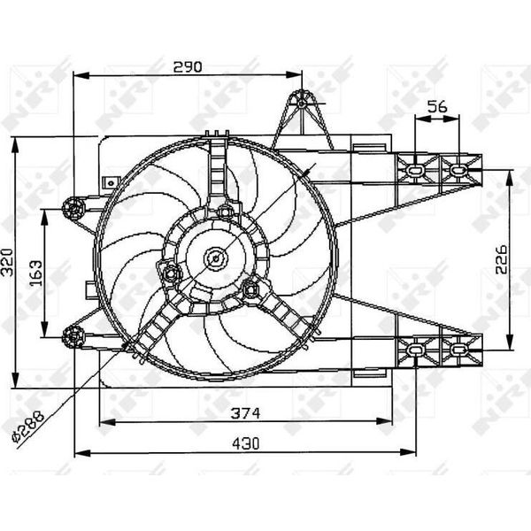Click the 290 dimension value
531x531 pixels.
pos(188,67)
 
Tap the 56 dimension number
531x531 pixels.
pos(437,107)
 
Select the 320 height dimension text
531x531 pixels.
pos(7,262)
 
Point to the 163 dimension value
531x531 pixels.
pos(36,273)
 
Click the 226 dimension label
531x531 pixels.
pos(501,259)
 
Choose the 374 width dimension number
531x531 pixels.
pos(245,413)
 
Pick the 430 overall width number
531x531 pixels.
pos(246,443)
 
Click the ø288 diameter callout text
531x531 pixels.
pos(27,427)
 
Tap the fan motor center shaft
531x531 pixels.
pos(216,259)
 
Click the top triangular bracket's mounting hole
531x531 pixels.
pos(302,103)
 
